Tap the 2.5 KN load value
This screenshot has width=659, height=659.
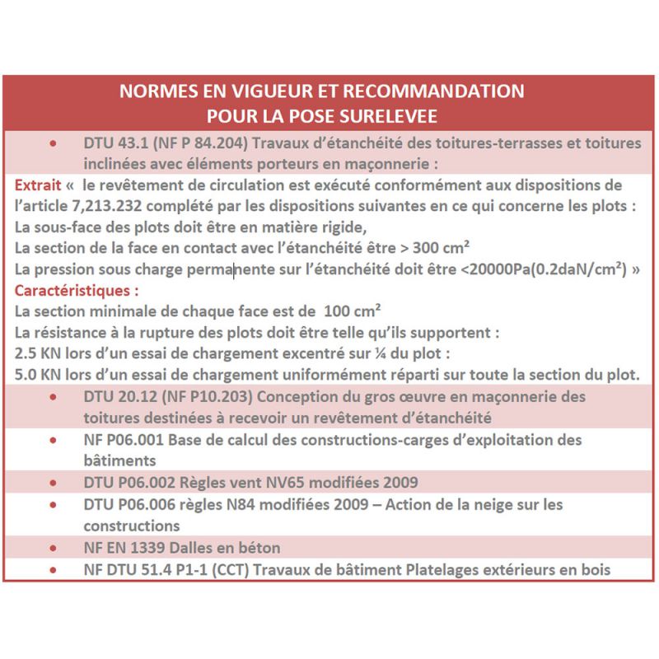click(x=38, y=354)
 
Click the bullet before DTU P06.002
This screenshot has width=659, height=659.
click(x=54, y=482)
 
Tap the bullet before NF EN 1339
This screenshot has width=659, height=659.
click(x=54, y=547)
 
